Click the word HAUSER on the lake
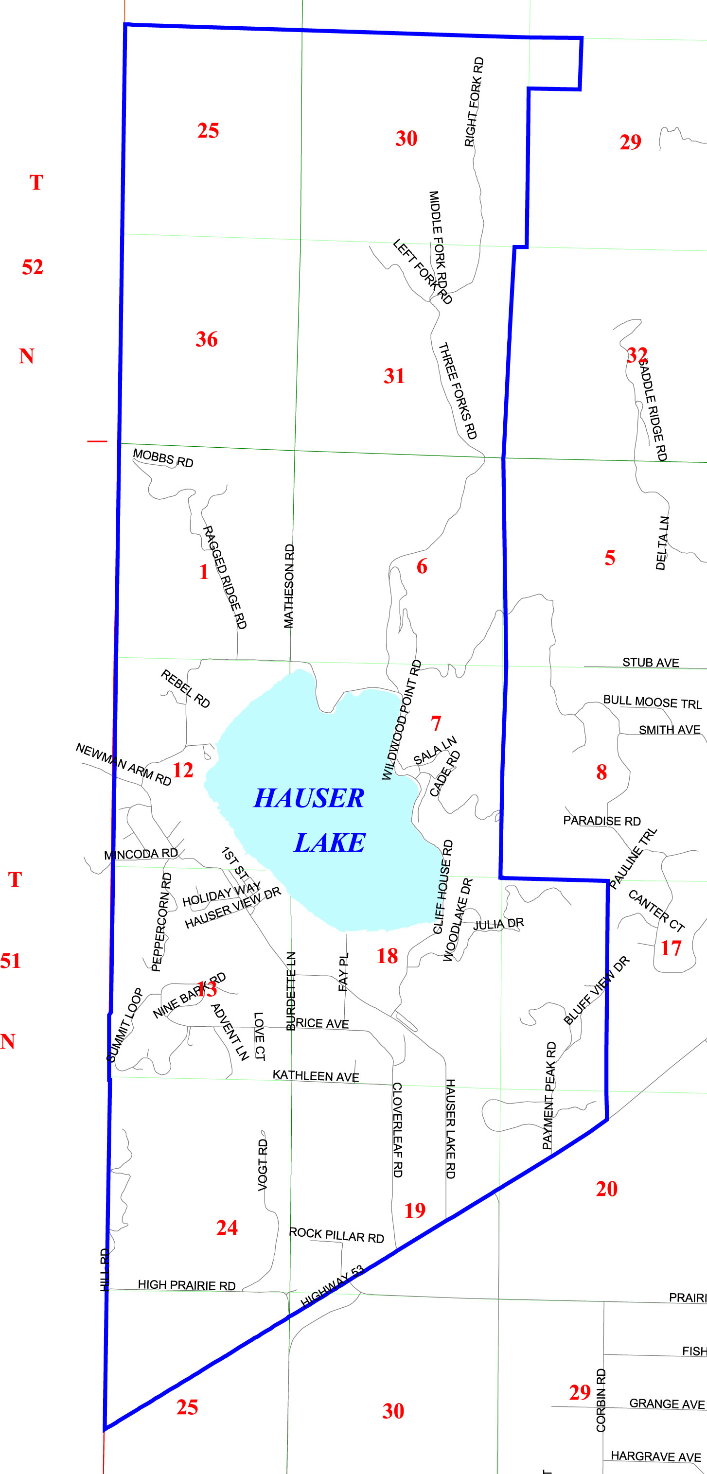tap(309, 798)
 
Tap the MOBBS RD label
tap(163, 458)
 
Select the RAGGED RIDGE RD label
tap(225, 578)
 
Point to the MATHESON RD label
tap(289, 586)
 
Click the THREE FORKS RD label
tap(458, 391)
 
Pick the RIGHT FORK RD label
tap(474, 102)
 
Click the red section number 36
tap(207, 339)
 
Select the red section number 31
tap(394, 376)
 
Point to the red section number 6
tap(422, 566)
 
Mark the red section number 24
tap(227, 1228)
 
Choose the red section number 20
tap(607, 1189)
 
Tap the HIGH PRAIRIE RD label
tap(187, 1285)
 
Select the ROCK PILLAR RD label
tap(336, 1235)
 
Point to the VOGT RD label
tap(263, 1165)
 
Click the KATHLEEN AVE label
tap(316, 1076)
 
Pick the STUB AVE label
tap(651, 663)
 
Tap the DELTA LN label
tap(662, 543)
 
